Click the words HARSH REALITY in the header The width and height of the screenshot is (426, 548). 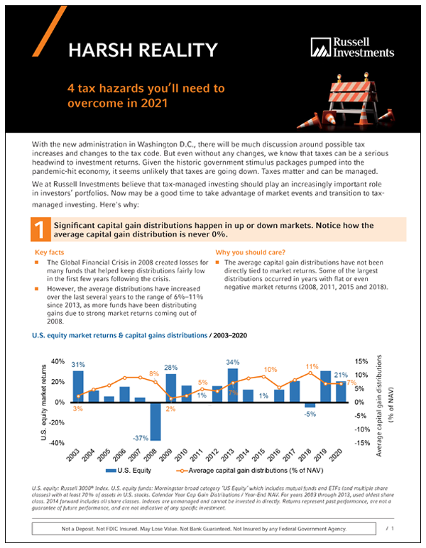[142, 50]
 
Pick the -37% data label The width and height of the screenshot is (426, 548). [140, 437]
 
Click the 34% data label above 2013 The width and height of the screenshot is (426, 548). [233, 363]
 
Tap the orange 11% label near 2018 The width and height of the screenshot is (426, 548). [312, 367]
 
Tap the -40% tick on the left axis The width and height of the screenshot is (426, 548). [57, 442]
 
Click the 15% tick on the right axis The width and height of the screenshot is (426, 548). [361, 361]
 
